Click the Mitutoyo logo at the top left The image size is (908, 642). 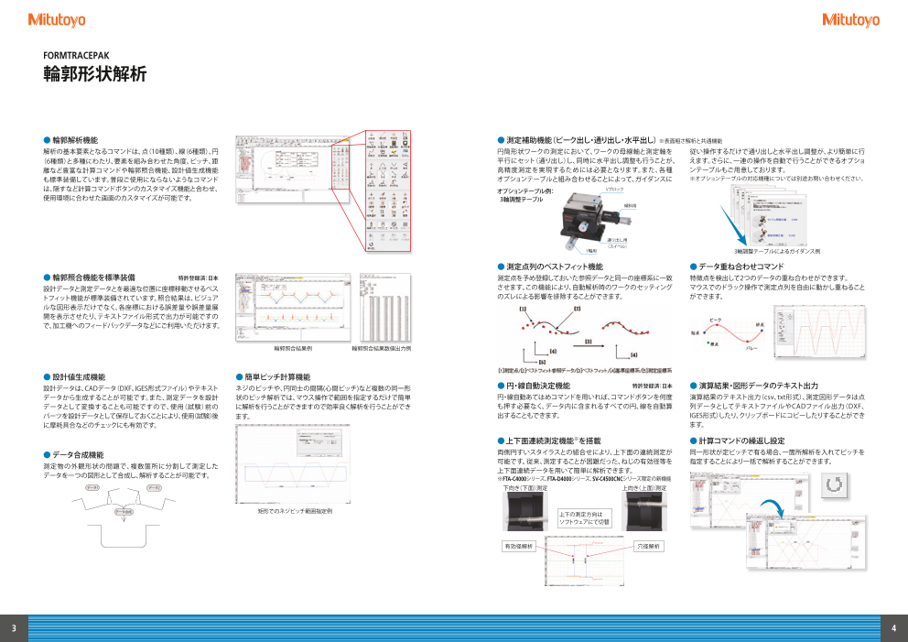(x=58, y=19)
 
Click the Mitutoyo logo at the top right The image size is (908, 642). (x=850, y=19)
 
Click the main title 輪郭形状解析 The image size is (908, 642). (x=95, y=75)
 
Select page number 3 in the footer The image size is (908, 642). (x=14, y=627)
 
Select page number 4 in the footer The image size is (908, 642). (x=893, y=627)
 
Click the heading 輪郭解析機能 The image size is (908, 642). (x=74, y=140)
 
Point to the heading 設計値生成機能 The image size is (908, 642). (x=78, y=376)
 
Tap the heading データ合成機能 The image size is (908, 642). (x=78, y=454)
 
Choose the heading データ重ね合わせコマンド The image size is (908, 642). (x=740, y=267)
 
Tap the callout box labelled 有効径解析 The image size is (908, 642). (x=518, y=546)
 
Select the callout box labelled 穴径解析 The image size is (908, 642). (x=647, y=546)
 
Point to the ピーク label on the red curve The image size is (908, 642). (x=716, y=320)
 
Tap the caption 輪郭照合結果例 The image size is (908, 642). (x=293, y=349)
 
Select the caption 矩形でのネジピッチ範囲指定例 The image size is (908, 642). (x=295, y=510)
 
